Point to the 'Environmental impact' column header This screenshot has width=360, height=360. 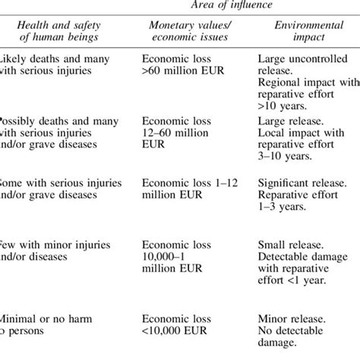tap(304, 35)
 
